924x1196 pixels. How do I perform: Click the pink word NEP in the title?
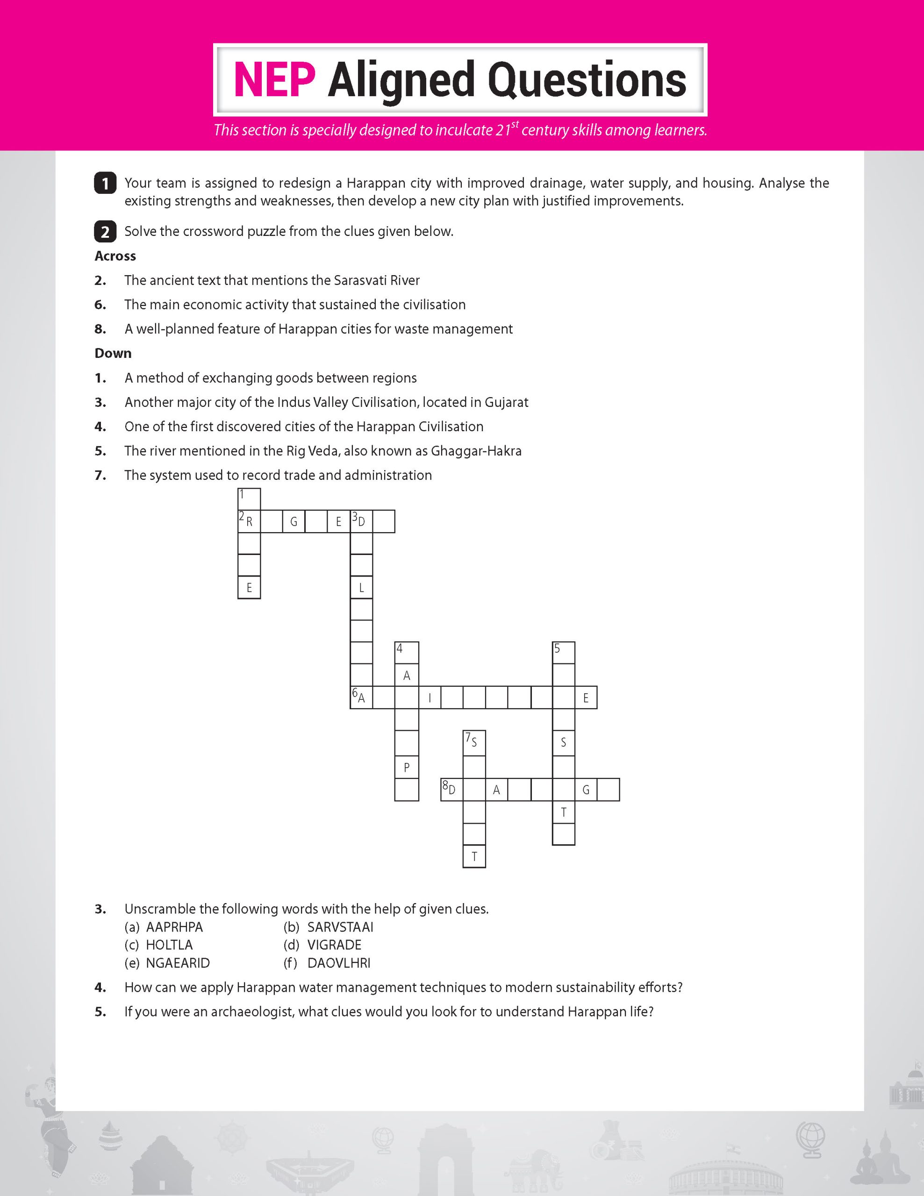[274, 80]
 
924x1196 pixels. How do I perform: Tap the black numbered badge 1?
[105, 183]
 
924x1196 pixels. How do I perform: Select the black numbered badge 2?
[105, 232]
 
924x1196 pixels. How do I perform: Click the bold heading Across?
[115, 256]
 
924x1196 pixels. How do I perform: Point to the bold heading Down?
[113, 353]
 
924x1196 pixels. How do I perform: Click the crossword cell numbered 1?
[249, 499]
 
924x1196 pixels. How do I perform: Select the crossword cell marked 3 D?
[361, 521]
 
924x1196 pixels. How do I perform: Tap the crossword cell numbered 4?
[407, 652]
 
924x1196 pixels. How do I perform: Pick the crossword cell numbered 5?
[564, 652]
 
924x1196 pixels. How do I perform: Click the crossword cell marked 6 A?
[361, 697]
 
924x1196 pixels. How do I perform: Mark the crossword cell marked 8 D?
[452, 790]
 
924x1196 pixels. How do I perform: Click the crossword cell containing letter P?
[407, 767]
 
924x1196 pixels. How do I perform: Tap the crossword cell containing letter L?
[361, 588]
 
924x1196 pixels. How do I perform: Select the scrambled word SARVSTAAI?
[340, 926]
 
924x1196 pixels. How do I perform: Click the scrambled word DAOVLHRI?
[338, 963]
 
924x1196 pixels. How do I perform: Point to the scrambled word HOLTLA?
[169, 945]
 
